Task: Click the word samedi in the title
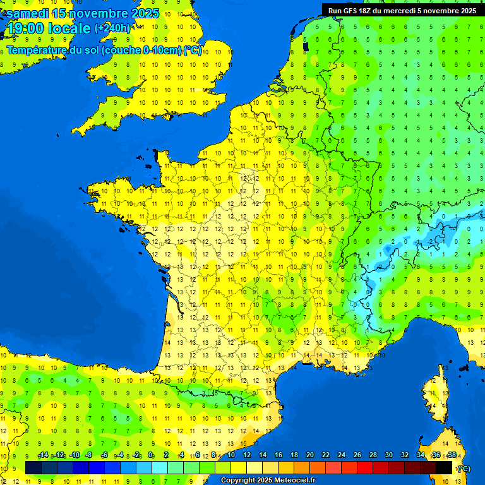tap(27, 13)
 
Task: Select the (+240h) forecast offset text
tap(112, 28)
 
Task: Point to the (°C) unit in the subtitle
tap(193, 51)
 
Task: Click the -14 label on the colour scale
tap(44, 455)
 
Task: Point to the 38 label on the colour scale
tap(452, 455)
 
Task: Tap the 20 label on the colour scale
tap(310, 455)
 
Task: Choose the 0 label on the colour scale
tap(150, 455)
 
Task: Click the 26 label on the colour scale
tap(357, 455)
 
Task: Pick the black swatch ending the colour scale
tap(444, 467)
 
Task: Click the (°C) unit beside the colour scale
tap(463, 469)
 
